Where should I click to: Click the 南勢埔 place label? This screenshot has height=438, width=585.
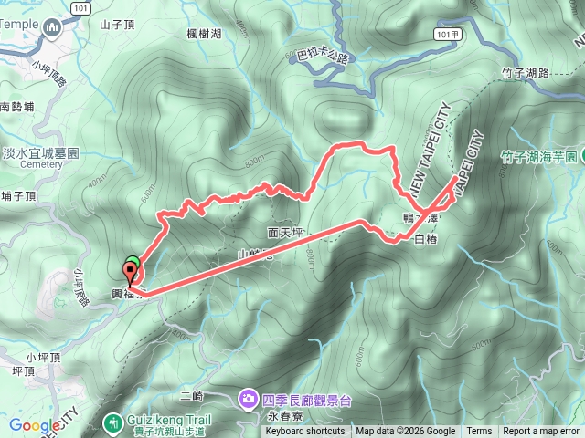click(x=17, y=107)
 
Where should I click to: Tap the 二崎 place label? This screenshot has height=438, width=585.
click(x=192, y=396)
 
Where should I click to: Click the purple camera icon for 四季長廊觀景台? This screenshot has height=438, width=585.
click(x=248, y=398)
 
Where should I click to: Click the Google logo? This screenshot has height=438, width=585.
click(x=35, y=425)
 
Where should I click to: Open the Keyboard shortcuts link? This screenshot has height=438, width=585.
click(x=305, y=432)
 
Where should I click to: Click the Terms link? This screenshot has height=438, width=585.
click(x=478, y=432)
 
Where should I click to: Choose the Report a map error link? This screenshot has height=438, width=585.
click(x=542, y=432)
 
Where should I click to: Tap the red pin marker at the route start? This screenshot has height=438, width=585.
click(x=129, y=271)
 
